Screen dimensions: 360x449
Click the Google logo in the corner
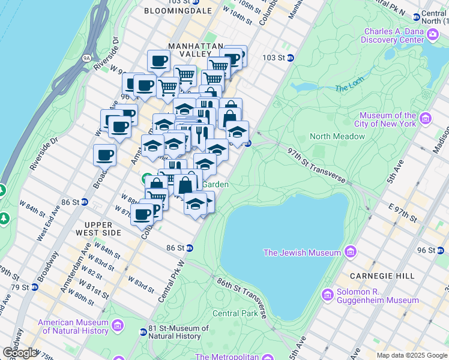point(20,353)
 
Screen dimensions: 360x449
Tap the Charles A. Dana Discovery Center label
point(393,36)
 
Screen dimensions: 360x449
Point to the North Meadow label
point(337,136)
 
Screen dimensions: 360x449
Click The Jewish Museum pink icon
point(351,250)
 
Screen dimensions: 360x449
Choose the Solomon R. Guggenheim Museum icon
point(328,295)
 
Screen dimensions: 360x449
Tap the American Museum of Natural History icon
point(117,326)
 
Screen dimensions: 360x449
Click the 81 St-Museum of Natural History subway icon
point(143,332)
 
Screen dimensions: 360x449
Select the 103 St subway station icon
point(290,58)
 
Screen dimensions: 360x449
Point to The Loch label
point(349,88)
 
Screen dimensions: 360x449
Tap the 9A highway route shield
point(86,58)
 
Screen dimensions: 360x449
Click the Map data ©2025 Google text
point(411,355)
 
